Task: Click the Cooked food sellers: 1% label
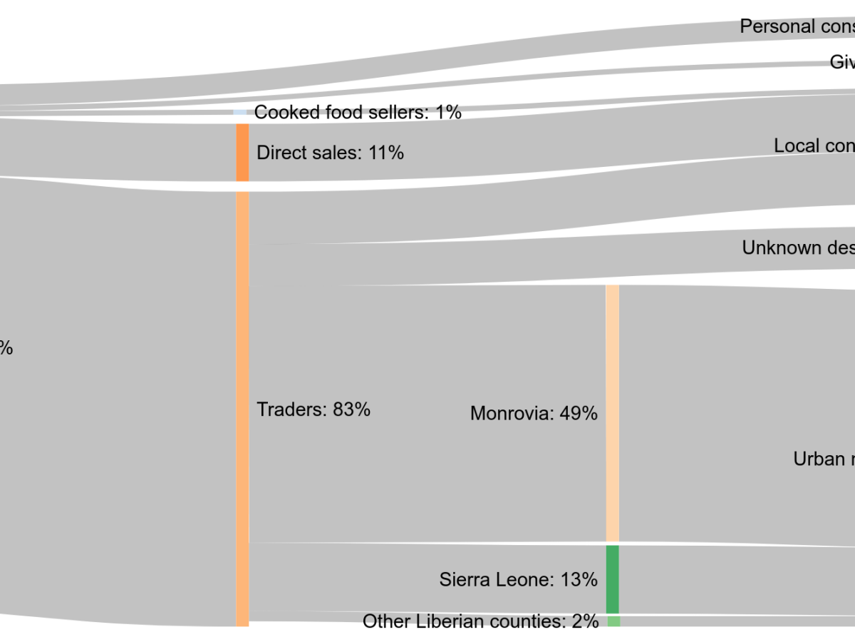(x=358, y=112)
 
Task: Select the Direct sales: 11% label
(x=330, y=153)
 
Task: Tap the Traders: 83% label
(x=313, y=409)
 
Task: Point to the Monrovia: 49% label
(x=534, y=413)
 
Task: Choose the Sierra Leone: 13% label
(x=518, y=579)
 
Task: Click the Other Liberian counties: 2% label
(x=480, y=621)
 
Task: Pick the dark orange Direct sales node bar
(x=242, y=153)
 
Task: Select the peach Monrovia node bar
(x=613, y=413)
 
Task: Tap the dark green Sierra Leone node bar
(x=613, y=579)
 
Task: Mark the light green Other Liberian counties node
(x=613, y=621)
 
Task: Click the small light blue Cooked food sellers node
(x=240, y=113)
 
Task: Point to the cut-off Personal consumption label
(x=797, y=26)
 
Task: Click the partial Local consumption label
(x=814, y=146)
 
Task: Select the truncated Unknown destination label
(x=798, y=248)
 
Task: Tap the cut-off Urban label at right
(x=824, y=459)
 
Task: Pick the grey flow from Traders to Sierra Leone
(x=342, y=578)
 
